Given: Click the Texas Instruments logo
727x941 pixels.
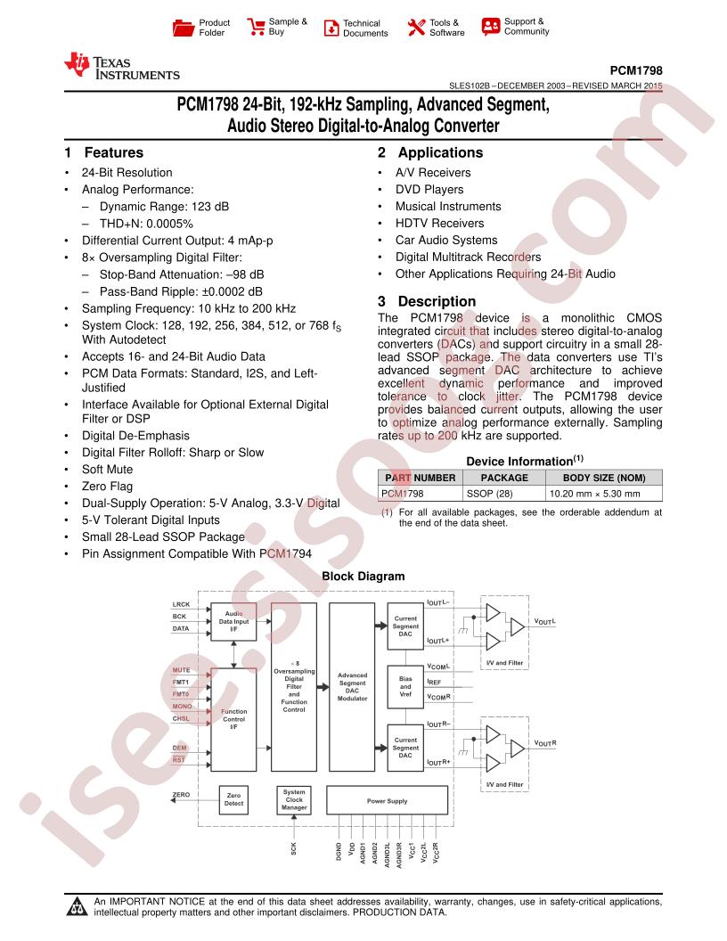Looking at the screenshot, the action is pos(122,67).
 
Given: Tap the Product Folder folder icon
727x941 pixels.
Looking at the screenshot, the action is pos(183,28).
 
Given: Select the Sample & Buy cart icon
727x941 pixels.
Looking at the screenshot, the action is pos(256,27).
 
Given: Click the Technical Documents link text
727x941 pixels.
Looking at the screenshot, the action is pos(365,29).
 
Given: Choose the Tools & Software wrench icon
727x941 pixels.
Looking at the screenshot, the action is pos(416,27).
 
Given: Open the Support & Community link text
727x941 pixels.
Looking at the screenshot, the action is pos(527,27).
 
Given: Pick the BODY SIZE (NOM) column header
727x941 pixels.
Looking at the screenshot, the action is pos(604,478).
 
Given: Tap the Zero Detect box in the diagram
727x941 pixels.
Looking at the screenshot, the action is pos(234,799).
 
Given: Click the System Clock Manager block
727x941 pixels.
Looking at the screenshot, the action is pos(294,800).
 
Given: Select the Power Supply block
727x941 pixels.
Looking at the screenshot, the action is pos(387,800).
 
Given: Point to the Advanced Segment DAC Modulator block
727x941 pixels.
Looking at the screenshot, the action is pos(352,687).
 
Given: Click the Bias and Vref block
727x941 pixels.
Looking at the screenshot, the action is pos(405,686).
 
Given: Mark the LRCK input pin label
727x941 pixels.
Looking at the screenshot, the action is pos(181,604).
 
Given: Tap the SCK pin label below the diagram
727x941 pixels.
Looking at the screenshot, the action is pos(293,848).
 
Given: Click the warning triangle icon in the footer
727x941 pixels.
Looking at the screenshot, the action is pos(77,907).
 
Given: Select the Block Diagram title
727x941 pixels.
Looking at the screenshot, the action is pos(363,577).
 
